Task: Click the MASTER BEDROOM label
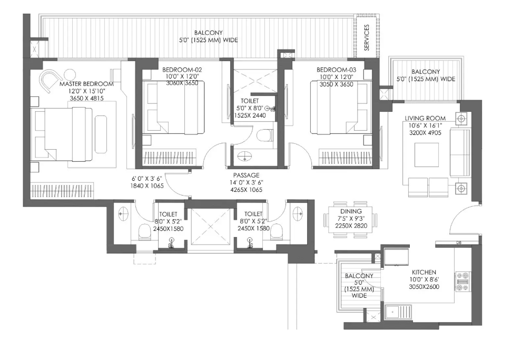point(86,84)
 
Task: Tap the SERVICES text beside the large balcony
point(367,37)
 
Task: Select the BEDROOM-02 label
point(182,70)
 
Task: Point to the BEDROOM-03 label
point(336,70)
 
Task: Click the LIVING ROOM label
point(425,118)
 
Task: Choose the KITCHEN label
point(424,272)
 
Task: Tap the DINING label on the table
point(351,211)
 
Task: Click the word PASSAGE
point(246,175)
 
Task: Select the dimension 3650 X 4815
point(87,99)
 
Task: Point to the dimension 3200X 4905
point(425,133)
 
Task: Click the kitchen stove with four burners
point(463,281)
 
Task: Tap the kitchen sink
point(398,312)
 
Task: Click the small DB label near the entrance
point(459,242)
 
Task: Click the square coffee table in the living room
point(427,154)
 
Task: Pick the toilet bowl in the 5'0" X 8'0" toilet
point(264,137)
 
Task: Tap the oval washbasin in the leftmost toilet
point(123,214)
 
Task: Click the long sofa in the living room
point(459,153)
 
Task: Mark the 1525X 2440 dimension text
point(250,115)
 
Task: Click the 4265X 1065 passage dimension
point(246,190)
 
